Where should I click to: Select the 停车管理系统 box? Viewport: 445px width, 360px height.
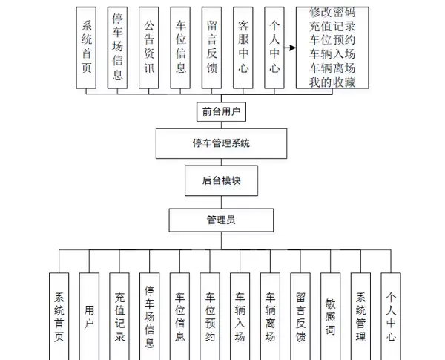tap(220, 143)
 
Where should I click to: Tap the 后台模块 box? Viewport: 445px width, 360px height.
tap(220, 180)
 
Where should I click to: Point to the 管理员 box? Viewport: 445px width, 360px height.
tap(220, 220)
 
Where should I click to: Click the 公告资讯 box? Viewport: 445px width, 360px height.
tap(149, 48)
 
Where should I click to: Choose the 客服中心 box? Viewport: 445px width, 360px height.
tap(243, 48)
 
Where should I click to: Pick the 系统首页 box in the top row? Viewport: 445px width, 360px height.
tap(87, 48)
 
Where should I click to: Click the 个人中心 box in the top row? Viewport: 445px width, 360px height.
tap(274, 48)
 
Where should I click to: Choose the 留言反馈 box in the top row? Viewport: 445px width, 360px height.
tap(211, 48)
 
